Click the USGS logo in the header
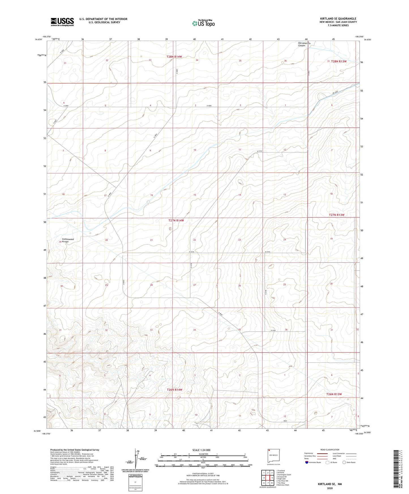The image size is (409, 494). point(62,22)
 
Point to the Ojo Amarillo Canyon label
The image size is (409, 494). point(304,44)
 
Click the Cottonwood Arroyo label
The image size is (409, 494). point(68,240)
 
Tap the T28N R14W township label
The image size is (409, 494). point(174,57)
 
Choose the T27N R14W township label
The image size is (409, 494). point(176,220)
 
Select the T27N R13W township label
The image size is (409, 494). point(337,215)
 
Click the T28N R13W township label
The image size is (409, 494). point(339,61)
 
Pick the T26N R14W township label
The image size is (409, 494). point(174,390)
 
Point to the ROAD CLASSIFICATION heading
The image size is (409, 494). point(330,450)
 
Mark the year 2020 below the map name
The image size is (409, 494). point(329,488)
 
